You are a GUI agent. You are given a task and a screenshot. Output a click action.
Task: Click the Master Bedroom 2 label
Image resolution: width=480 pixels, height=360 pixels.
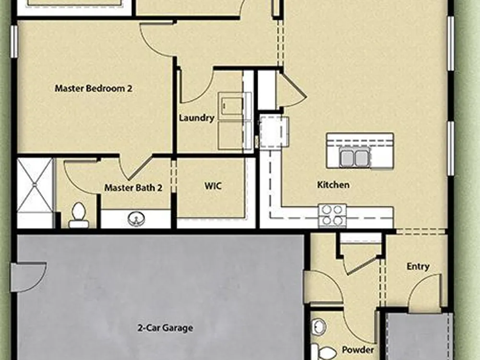94,88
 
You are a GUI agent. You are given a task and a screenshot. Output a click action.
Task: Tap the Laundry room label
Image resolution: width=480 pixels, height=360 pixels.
196,118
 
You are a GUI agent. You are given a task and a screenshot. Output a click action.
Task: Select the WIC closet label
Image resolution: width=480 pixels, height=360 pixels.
213,186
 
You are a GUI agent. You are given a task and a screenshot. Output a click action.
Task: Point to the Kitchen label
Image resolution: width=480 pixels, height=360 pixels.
333,185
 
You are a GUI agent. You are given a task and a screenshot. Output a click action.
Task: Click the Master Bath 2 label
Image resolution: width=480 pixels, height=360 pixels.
133,187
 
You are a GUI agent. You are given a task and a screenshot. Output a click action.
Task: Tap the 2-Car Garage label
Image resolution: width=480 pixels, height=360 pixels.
165,328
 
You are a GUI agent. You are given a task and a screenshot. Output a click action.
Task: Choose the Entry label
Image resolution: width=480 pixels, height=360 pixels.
418,266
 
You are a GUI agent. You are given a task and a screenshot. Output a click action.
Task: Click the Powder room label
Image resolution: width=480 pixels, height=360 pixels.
358,349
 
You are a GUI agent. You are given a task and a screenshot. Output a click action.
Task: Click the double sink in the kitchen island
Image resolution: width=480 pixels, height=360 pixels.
355,157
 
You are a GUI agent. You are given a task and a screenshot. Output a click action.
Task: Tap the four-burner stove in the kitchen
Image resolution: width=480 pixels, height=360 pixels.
333,215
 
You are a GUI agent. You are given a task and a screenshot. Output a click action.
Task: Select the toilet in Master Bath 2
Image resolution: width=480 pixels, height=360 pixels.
79,215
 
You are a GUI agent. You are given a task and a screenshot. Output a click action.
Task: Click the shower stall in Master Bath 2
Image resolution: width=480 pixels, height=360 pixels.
35,185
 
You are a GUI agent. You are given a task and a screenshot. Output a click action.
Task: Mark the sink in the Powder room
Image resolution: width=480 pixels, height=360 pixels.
318,327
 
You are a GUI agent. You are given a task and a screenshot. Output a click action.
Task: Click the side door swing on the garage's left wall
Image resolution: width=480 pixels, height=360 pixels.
29,277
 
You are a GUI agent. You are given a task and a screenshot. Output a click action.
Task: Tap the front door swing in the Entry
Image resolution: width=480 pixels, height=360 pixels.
425,290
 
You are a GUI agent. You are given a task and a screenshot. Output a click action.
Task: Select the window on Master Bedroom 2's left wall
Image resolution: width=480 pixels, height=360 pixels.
14,42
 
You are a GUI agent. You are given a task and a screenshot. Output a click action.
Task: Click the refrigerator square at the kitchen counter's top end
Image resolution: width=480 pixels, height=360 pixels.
274,132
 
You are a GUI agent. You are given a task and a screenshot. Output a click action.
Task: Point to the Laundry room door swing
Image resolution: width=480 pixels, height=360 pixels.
196,86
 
